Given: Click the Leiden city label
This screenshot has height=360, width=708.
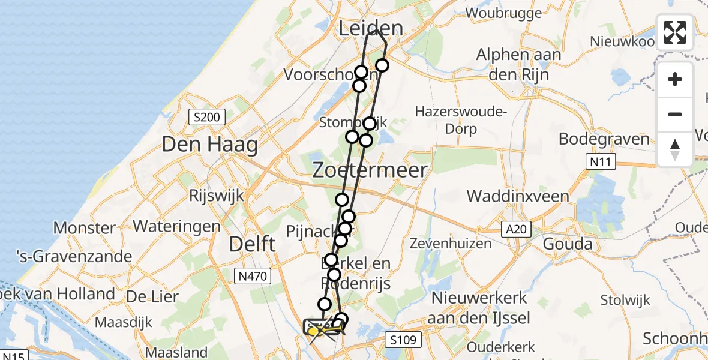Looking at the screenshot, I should [x=370, y=28].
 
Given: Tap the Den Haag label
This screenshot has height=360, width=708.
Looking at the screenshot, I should [x=210, y=145].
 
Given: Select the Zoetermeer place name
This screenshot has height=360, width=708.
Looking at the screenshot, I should [x=370, y=170].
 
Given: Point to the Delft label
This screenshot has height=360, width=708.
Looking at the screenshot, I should [x=252, y=244].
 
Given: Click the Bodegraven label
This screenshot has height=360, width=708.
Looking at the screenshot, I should [x=604, y=139].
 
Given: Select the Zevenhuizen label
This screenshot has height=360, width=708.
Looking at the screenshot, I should [x=451, y=244].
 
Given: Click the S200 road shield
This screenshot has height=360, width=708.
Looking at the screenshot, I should [x=207, y=117].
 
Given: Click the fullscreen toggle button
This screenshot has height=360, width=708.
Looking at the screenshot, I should [x=675, y=32].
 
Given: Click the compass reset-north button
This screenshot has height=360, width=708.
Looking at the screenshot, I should [x=675, y=149].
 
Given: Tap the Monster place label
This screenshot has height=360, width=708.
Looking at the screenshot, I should [x=85, y=228].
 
